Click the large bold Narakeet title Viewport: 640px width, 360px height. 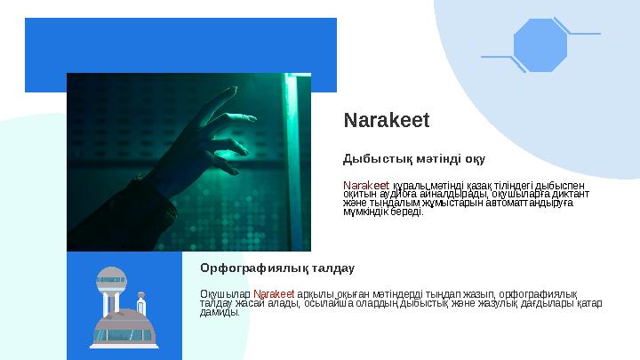pyautogui.click(x=387, y=119)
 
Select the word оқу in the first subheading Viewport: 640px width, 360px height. pyautogui.click(x=475, y=160)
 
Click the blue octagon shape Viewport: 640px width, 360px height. pyautogui.click(x=540, y=45)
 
